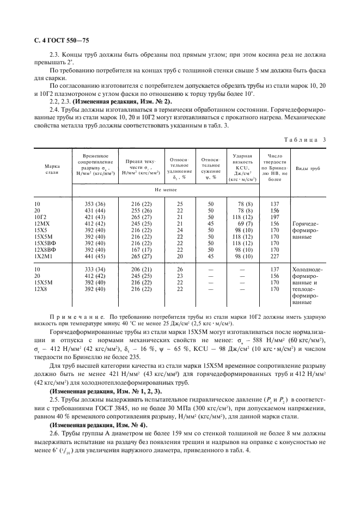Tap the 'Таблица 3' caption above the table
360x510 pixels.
click(x=308, y=139)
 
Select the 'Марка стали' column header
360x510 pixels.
click(x=52, y=168)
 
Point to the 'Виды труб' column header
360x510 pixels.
click(x=308, y=169)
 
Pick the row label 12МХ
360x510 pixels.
click(x=42, y=223)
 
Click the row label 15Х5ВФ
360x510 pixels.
click(x=44, y=243)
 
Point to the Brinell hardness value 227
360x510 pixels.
click(x=275, y=256)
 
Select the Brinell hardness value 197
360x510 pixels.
click(x=275, y=217)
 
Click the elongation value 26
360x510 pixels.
click(x=180, y=269)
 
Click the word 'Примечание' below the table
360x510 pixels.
click(x=72, y=315)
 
